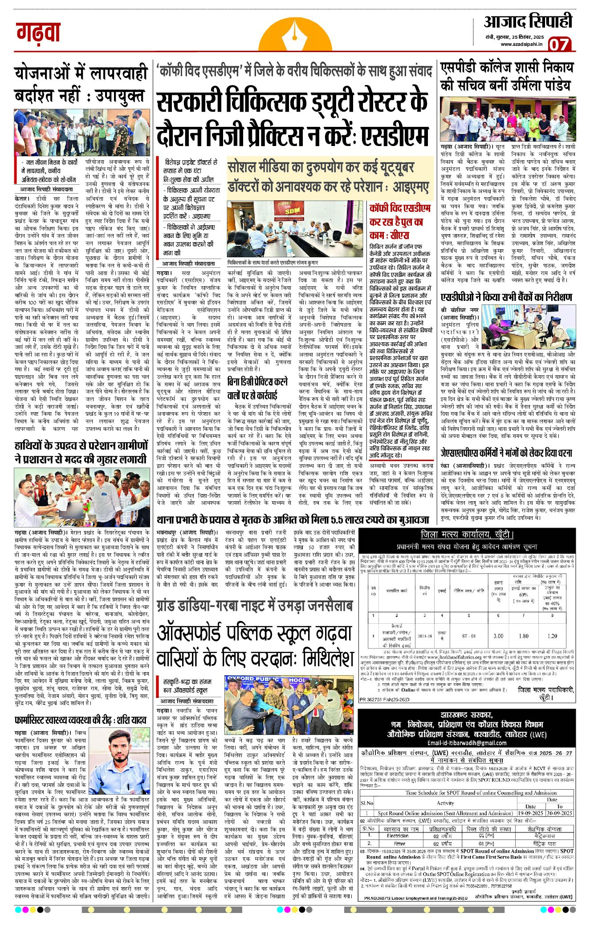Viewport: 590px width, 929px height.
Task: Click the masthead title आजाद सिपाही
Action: tap(528, 21)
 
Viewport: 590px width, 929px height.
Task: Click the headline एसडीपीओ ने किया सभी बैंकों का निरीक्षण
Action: tap(506, 297)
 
